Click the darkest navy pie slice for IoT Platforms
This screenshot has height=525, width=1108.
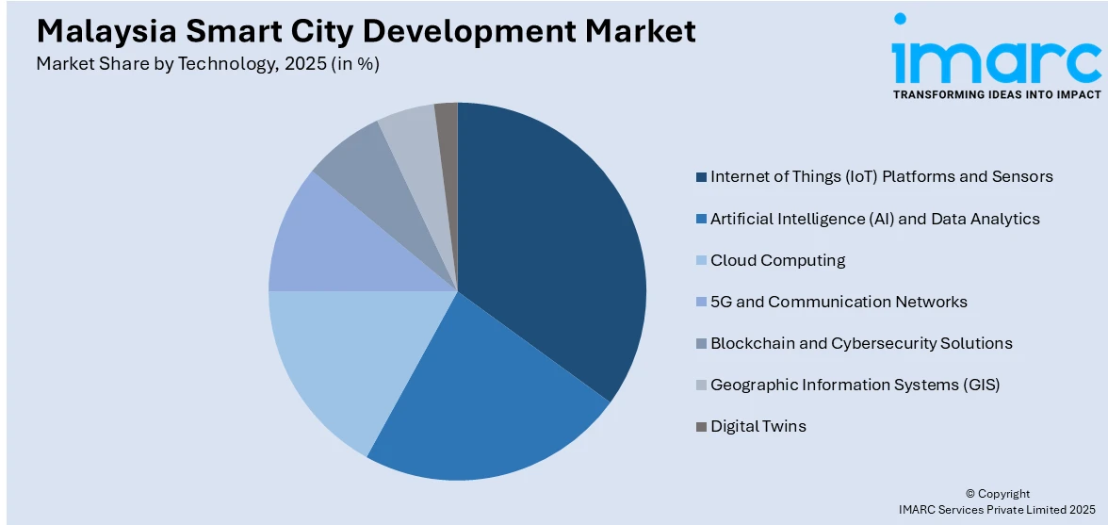tap(556, 245)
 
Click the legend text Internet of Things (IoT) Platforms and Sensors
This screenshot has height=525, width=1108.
tap(881, 176)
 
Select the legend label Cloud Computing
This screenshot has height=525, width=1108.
tap(777, 260)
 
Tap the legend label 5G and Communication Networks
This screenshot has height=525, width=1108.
tap(839, 302)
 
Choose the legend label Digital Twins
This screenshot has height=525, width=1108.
tap(758, 426)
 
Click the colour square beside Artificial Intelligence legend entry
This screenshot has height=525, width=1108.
tap(701, 219)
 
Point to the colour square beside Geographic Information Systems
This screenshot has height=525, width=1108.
tap(701, 385)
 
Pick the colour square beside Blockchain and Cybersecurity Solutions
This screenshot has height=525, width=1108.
tap(701, 343)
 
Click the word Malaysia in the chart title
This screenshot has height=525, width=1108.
tap(98, 31)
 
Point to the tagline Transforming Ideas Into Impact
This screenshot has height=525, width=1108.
tap(996, 94)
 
